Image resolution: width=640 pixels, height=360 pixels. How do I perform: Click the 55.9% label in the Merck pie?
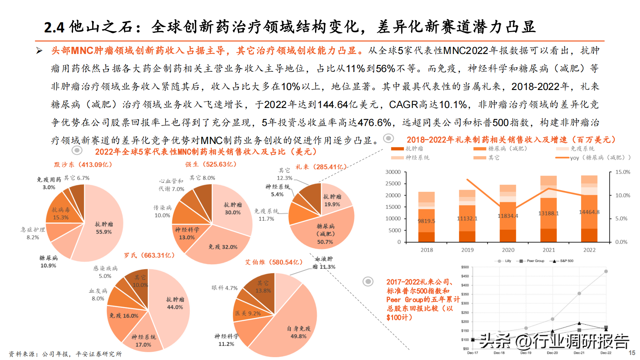coord(104,232)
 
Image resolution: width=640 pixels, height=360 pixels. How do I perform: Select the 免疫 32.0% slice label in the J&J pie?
coord(223,247)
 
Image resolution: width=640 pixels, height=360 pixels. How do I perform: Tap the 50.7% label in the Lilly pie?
coord(325,242)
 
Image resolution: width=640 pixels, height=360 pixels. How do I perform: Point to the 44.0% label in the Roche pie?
coord(175,307)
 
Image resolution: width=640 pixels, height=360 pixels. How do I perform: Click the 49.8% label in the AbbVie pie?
coord(298,336)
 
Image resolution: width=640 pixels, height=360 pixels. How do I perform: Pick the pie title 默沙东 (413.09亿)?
coord(83,165)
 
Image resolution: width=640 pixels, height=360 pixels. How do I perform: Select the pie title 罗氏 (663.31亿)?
coord(149,255)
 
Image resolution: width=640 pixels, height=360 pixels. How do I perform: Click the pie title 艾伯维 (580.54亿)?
coord(274,262)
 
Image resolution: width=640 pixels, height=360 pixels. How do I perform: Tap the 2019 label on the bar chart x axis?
coord(467,250)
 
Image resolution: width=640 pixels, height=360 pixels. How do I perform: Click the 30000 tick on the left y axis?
coord(393,172)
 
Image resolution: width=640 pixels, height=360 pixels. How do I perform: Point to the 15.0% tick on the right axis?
coord(623,172)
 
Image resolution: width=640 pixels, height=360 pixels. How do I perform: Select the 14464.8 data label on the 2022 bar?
coord(589,212)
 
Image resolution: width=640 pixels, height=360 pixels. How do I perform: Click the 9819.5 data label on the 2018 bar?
coord(426,221)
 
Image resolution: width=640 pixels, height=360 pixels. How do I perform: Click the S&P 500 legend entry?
coord(567,261)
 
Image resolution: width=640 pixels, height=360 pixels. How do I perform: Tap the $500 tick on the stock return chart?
coord(465,267)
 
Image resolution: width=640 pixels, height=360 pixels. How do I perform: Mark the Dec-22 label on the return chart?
coord(606,353)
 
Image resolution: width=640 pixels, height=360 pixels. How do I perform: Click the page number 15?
coord(632,353)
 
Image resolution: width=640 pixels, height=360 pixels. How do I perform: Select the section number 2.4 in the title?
coord(54,27)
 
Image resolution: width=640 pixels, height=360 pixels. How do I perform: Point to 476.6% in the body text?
coord(374,123)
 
